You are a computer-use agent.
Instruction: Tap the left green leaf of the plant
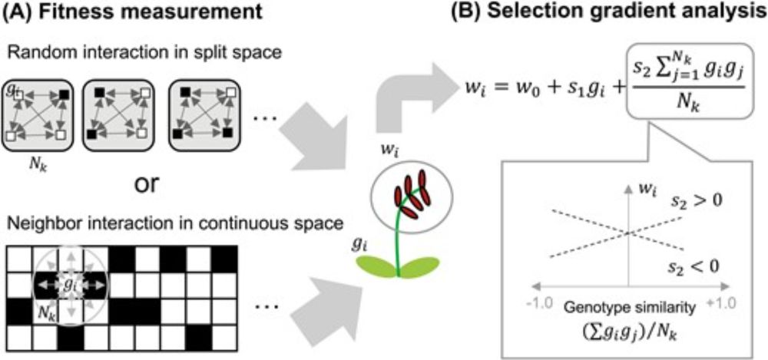pos(380,265)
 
